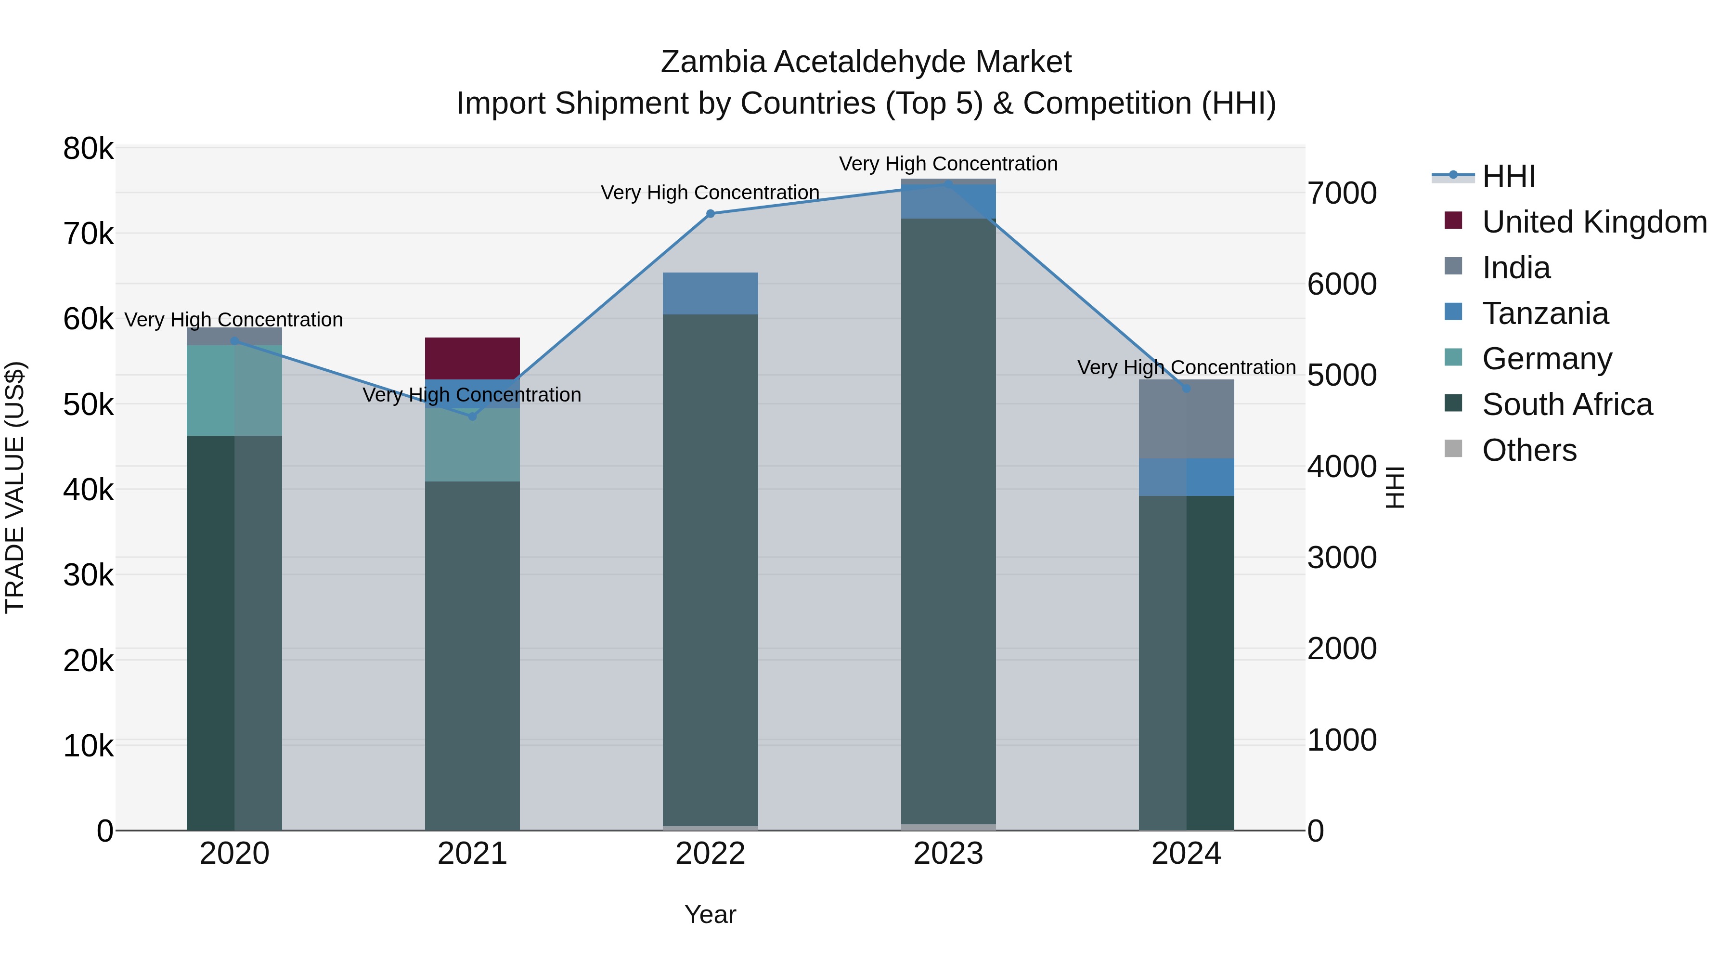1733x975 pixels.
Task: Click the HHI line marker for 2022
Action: point(711,214)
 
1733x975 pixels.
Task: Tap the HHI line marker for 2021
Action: point(472,416)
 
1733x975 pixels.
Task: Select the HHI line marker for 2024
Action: point(1187,388)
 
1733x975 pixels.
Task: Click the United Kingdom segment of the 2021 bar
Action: point(472,358)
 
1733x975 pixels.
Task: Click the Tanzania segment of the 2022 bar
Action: point(711,293)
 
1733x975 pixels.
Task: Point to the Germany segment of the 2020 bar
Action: point(234,390)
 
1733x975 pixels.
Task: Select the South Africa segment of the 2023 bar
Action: point(948,521)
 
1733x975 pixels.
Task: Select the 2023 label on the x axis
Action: point(948,854)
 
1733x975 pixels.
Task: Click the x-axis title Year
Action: point(711,914)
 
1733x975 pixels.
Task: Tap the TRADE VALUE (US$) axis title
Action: point(15,488)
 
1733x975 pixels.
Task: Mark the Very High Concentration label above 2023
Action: point(948,164)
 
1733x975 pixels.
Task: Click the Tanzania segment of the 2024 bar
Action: point(1187,477)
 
